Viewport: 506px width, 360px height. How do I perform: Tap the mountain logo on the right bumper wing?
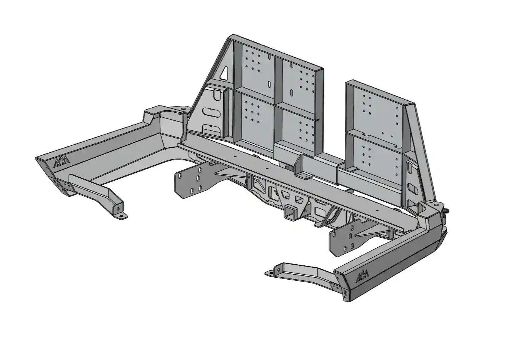(362, 276)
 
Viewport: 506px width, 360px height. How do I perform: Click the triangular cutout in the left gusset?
(224, 73)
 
